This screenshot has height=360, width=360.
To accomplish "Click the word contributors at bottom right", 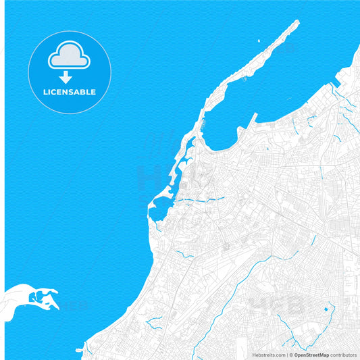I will [343, 354].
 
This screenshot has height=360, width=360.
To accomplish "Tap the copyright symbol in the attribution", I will [291, 354].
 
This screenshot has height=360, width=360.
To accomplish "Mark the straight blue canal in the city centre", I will [203, 200].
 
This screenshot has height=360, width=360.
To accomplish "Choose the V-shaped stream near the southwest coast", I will [182, 253].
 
